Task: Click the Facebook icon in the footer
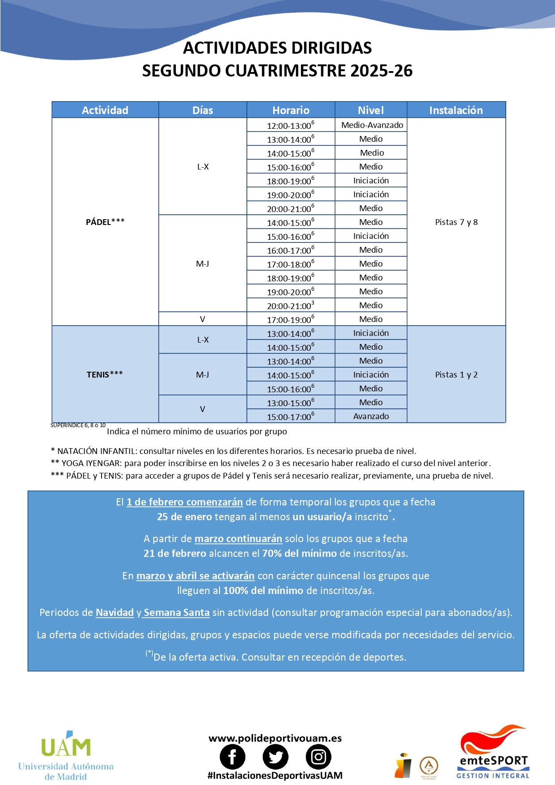click(233, 757)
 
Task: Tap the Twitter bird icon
click(275, 757)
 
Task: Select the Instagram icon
click(318, 757)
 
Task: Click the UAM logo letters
click(66, 747)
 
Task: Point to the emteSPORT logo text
click(494, 761)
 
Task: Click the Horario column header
click(291, 110)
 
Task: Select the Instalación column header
click(456, 110)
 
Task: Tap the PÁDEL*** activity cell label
click(105, 222)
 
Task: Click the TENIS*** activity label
click(105, 374)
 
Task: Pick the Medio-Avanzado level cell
click(372, 125)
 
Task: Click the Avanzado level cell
click(371, 416)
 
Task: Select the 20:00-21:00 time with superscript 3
click(291, 306)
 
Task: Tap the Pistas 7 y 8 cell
click(456, 222)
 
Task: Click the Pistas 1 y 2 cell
click(456, 375)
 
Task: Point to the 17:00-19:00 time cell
click(291, 320)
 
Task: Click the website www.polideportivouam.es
click(275, 738)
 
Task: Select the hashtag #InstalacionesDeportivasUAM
click(275, 776)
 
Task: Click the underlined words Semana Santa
click(177, 612)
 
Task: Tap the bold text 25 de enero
click(184, 517)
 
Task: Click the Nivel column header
click(371, 110)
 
